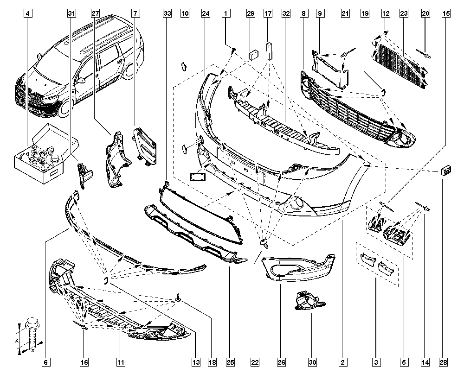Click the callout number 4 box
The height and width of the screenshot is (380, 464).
click(27, 13)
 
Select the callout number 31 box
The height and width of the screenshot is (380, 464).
click(71, 13)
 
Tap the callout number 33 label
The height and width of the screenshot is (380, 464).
click(167, 13)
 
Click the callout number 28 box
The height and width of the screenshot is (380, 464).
click(443, 362)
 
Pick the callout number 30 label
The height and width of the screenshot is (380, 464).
click(312, 362)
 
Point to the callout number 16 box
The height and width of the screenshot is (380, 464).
click(84, 362)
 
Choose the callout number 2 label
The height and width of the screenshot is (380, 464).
click(343, 362)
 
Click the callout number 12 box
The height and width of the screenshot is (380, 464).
click(386, 13)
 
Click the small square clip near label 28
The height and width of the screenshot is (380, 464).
click(446, 171)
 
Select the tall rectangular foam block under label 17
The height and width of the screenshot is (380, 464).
click(269, 51)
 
